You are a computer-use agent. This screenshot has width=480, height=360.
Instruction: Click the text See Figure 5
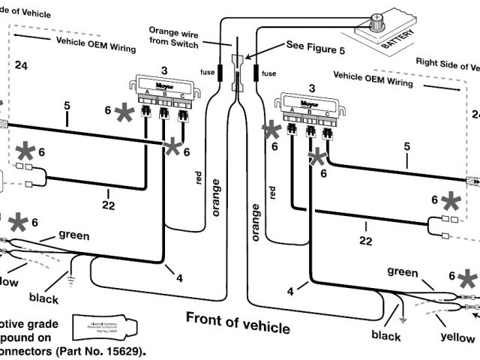coord(314,45)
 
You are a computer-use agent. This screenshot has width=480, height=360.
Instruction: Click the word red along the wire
coord(199,178)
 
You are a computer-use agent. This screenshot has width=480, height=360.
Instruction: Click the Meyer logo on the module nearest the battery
coord(307,97)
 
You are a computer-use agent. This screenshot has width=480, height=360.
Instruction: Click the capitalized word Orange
coord(164,32)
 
